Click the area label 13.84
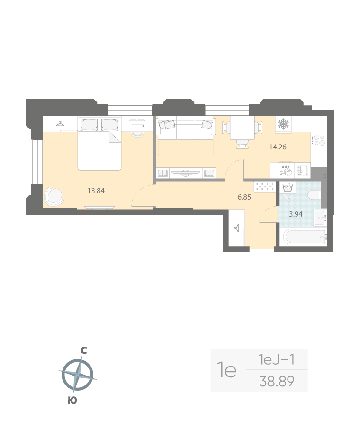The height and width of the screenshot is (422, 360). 96,191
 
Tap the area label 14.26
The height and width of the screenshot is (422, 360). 278,147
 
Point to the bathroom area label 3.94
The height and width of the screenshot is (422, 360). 296,214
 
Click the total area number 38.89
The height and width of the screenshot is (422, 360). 277,381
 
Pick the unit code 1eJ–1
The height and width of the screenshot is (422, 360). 277,360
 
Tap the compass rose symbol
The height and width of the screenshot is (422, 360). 77,375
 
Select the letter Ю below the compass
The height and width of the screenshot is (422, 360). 72,400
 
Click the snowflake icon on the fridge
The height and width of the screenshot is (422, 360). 283,125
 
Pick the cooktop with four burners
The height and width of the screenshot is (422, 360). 318,140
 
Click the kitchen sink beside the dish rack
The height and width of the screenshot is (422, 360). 302,170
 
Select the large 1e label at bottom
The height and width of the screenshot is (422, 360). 226,370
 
